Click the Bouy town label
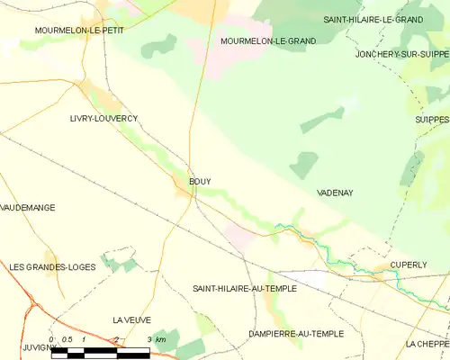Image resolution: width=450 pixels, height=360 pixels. (200, 181)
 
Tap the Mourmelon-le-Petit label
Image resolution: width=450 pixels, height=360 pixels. (78, 30)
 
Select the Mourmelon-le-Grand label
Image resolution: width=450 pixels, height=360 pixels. (268, 41)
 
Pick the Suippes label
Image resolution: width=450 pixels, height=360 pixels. (431, 118)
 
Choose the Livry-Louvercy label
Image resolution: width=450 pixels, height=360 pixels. (103, 118)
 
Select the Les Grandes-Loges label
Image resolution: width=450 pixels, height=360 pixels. (51, 267)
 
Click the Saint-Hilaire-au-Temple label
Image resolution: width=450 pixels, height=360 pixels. (247, 289)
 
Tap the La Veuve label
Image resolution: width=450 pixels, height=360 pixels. (131, 319)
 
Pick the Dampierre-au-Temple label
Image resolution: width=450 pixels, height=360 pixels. (296, 333)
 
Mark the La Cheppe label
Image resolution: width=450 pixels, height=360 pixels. (427, 344)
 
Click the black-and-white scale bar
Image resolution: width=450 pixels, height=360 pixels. (100, 352)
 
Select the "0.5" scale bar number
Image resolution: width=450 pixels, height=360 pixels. (67, 339)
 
